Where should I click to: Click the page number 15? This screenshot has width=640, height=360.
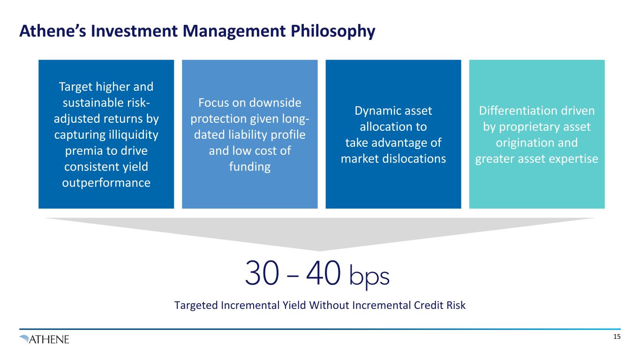617,337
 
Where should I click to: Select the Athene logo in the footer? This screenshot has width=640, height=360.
45,339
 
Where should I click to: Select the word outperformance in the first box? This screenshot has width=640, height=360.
106,183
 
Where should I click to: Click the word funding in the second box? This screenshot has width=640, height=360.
249,167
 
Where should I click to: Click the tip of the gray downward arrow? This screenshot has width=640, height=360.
320,249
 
